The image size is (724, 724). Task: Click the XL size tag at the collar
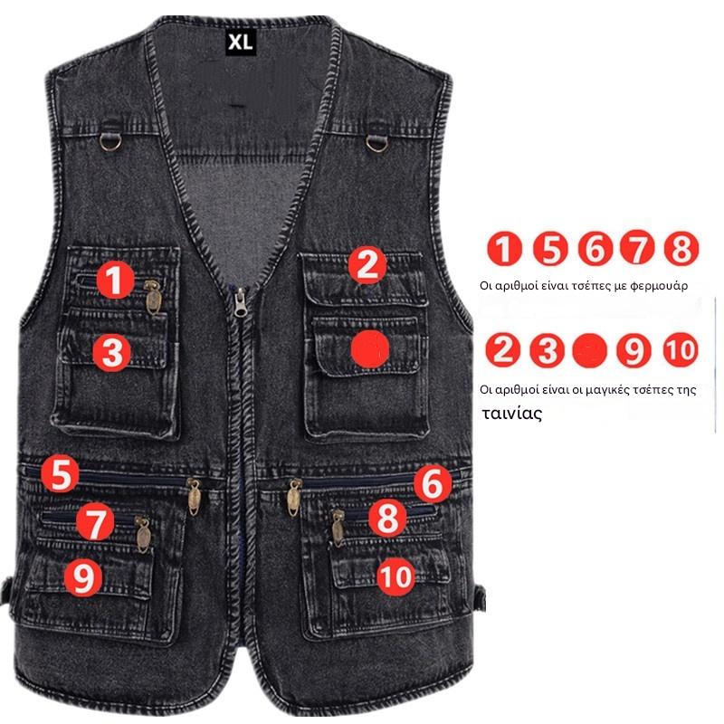pos(241,43)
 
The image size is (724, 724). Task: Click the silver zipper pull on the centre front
pos(240,302)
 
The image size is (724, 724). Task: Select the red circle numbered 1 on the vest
pos(116,280)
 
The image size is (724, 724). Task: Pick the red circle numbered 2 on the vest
pos(367,265)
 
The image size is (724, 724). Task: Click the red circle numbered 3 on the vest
pos(111,353)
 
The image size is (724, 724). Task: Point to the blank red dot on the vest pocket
pos(370,349)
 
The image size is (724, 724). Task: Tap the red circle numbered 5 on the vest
pos(61,473)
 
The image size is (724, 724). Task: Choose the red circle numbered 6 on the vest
pos(433,483)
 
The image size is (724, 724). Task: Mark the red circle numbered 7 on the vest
pos(95,522)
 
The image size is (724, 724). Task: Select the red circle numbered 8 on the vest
pos(387,517)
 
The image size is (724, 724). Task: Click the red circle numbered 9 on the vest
pos(83,576)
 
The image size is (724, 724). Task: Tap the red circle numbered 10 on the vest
pos(395,576)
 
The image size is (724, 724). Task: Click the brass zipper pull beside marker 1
pos(152,297)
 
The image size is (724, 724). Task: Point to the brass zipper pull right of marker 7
pos(143,535)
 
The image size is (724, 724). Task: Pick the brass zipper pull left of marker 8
pos(338,529)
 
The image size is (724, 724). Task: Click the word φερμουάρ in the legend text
pos(659,286)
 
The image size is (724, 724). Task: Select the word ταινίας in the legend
pos(511,414)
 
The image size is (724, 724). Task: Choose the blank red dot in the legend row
pos(590,350)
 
